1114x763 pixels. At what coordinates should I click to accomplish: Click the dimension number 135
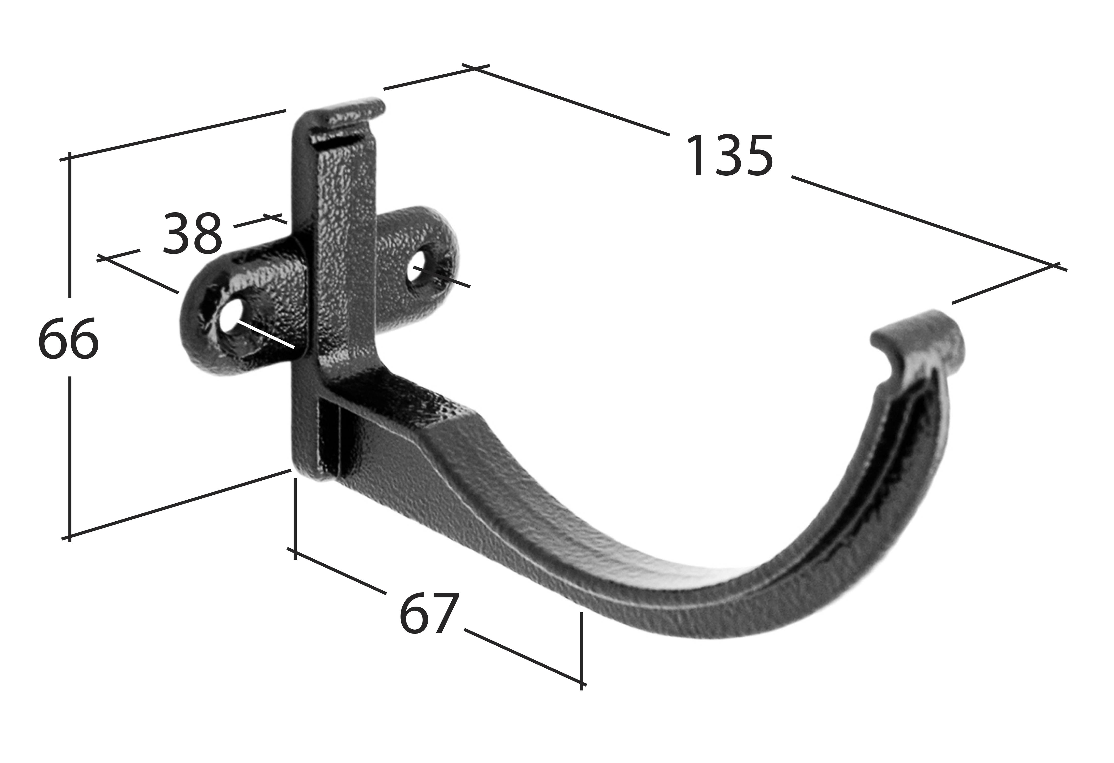(x=730, y=155)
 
